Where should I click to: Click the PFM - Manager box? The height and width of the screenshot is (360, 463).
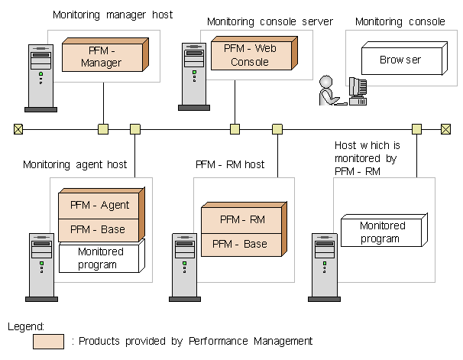(101, 57)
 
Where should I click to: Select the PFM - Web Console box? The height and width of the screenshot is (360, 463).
(249, 56)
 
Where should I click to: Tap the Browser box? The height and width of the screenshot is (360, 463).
(400, 60)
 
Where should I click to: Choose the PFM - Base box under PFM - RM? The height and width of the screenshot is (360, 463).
(239, 244)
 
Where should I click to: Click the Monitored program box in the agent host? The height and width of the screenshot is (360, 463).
(100, 258)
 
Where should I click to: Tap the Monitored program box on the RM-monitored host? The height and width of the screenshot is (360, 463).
(382, 232)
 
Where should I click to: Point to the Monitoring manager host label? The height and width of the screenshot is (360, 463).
(113, 15)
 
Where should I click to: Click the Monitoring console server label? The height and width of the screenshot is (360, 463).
(270, 21)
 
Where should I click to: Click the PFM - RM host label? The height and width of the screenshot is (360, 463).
(230, 164)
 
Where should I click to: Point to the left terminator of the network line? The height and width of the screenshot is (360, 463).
(18, 129)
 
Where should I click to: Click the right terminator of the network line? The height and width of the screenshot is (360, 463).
(445, 129)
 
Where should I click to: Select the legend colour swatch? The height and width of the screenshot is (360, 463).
(48, 341)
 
